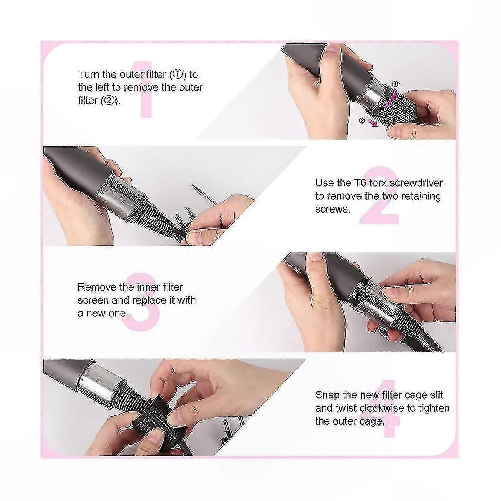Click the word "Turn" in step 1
pyautogui.click(x=89, y=75)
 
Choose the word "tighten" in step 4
pyautogui.click(x=434, y=408)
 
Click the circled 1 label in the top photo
pyautogui.click(x=395, y=84)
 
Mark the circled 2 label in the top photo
pyautogui.click(x=362, y=120)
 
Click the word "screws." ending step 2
pyautogui.click(x=333, y=209)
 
